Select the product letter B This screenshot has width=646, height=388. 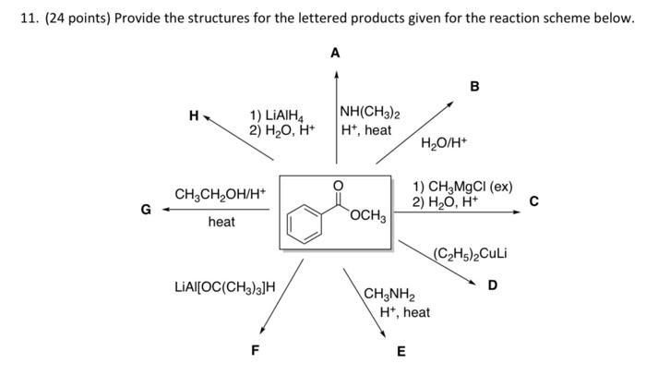tap(474, 86)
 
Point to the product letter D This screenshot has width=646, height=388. tap(492, 285)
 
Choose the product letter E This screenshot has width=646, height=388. tap(400, 351)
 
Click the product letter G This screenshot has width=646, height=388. tap(145, 209)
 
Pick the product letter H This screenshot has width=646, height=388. tap(193, 115)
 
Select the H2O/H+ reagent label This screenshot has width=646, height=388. tap(444, 143)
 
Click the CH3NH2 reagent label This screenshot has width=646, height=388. tap(390, 296)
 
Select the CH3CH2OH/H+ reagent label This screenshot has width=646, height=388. tap(220, 194)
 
